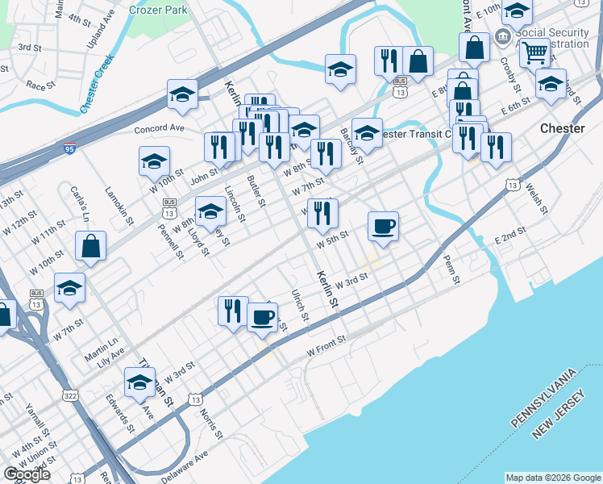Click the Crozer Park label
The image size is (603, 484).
[x=158, y=8]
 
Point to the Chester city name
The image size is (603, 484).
[x=562, y=128]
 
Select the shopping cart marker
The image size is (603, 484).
[x=534, y=53]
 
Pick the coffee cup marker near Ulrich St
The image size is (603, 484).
[x=262, y=317]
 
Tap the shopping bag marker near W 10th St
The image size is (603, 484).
[x=90, y=246]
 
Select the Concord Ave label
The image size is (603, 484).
[x=160, y=128]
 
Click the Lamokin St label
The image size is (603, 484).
[x=119, y=202]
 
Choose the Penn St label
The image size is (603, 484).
[x=451, y=269]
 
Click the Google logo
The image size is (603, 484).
[x=27, y=474]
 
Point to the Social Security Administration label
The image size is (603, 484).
[x=553, y=39]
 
